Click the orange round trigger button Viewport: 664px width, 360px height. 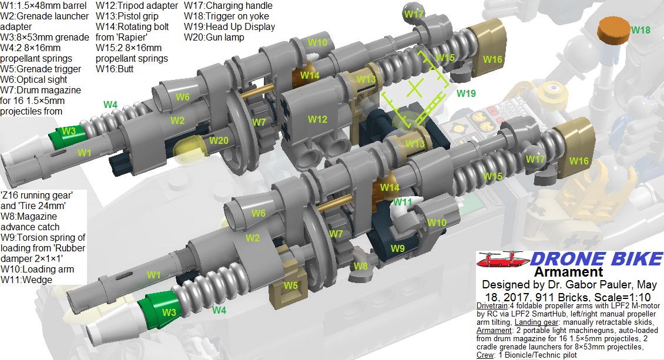click(613, 30)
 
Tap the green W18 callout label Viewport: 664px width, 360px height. click(640, 30)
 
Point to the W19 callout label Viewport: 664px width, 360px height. click(466, 93)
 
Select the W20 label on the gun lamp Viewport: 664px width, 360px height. click(219, 140)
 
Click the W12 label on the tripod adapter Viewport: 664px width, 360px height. click(317, 120)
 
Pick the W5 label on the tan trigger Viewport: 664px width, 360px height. click(290, 285)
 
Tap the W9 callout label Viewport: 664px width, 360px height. click(397, 248)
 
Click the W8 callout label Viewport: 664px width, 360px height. click(360, 266)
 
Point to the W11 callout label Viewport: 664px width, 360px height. click(403, 202)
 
